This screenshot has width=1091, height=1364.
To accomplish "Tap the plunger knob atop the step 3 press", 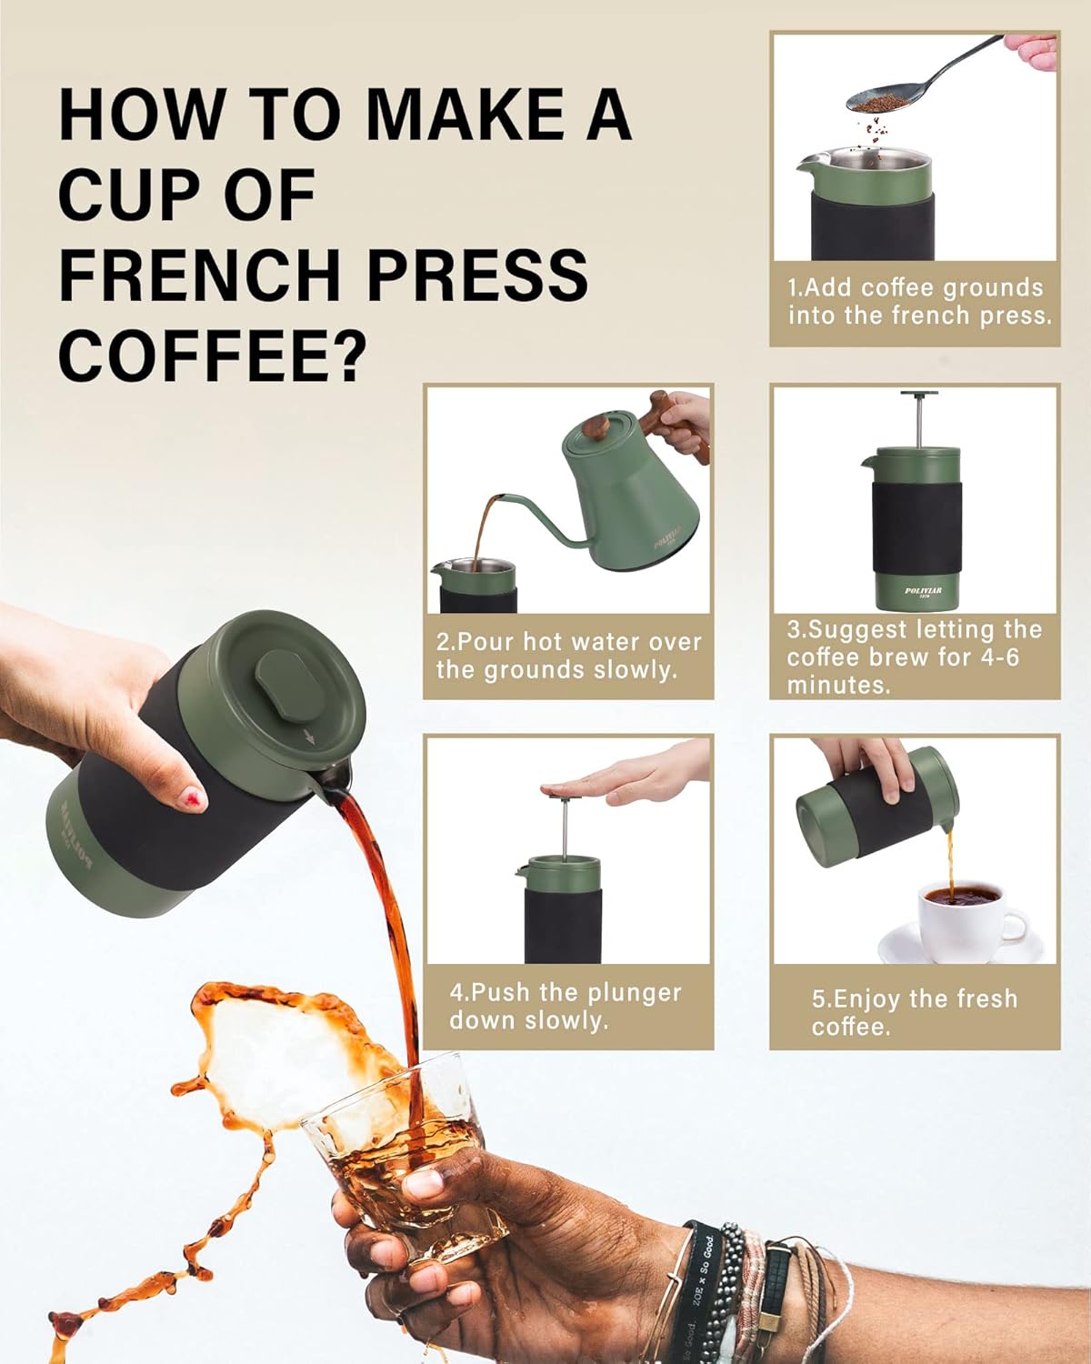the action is click(x=919, y=395).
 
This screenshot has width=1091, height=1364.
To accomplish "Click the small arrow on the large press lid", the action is click(x=310, y=737).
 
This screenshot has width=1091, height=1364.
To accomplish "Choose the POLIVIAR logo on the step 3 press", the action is click(x=923, y=591).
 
